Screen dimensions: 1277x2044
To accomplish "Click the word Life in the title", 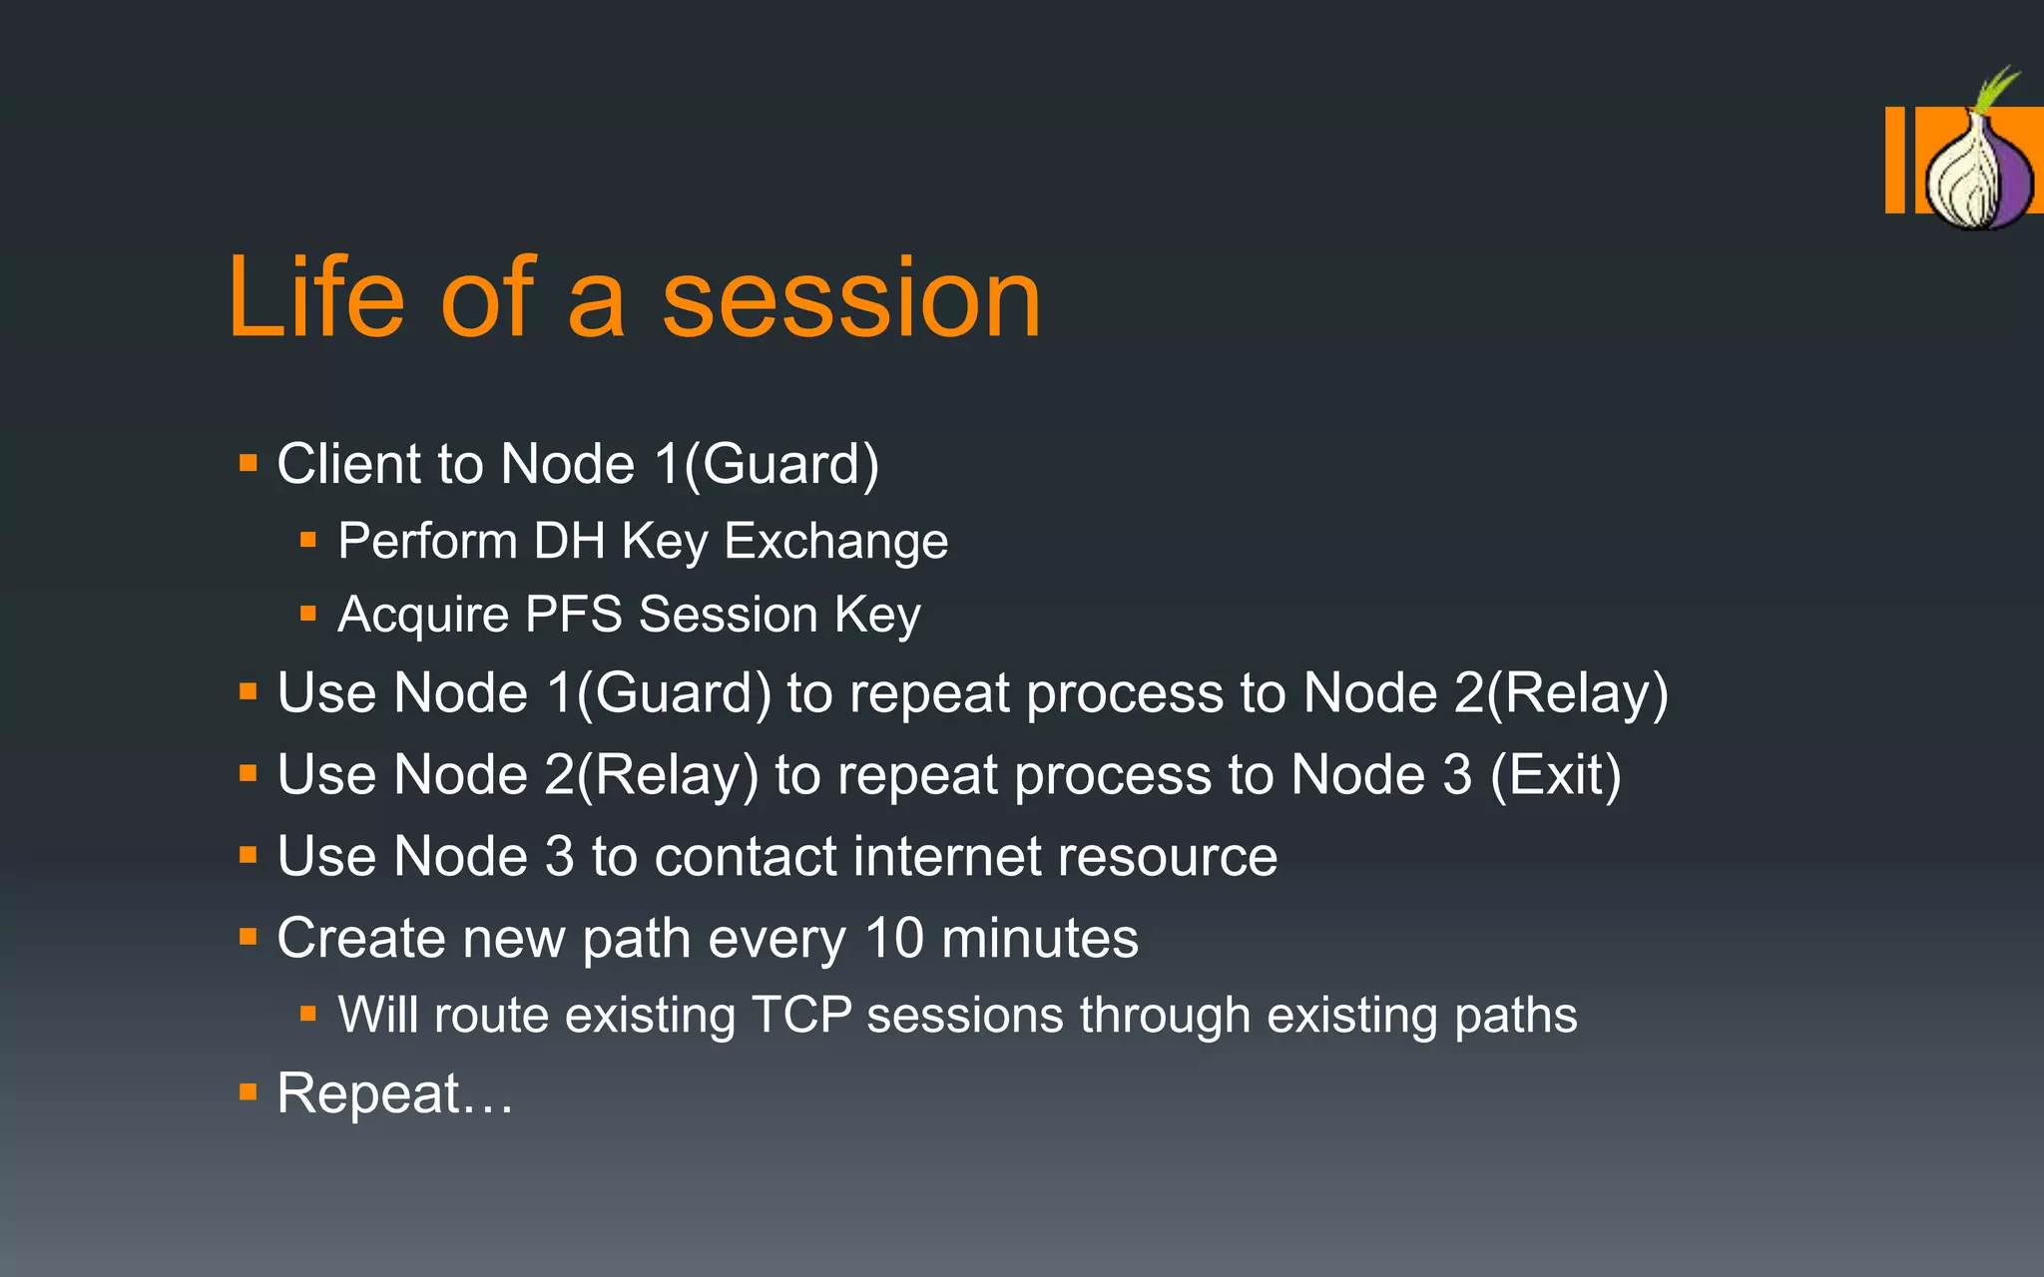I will tap(316, 297).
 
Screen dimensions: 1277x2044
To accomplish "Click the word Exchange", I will tap(835, 542).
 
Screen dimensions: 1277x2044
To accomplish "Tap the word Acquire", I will tap(423, 615).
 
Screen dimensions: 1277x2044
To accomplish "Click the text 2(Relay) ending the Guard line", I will tap(1561, 692).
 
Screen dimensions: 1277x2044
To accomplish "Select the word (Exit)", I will tap(1555, 774).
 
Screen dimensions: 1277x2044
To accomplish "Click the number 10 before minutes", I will tap(894, 938).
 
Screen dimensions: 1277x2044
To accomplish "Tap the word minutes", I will tap(1039, 938).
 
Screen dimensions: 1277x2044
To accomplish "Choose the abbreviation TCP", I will tap(801, 1015).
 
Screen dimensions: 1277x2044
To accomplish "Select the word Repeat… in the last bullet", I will tap(394, 1093).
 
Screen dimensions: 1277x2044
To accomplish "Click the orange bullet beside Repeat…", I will tap(249, 1093).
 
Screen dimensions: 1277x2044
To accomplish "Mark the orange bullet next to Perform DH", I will tap(308, 541).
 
